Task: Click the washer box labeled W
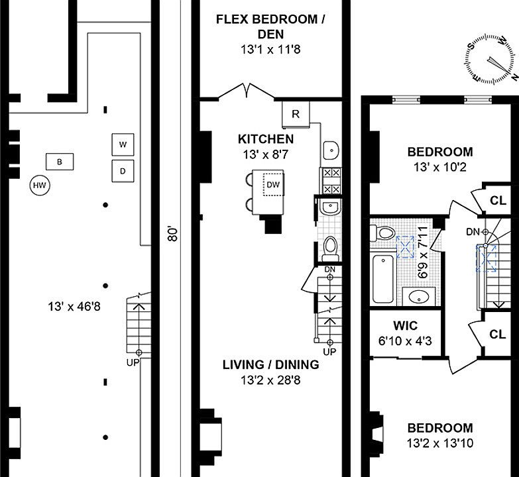[x=123, y=144]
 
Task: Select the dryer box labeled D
[x=123, y=171]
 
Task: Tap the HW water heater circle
[x=40, y=185]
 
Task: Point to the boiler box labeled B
[x=60, y=162]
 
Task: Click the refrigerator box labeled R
[x=296, y=115]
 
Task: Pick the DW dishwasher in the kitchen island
[x=273, y=185]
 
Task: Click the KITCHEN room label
[x=266, y=139]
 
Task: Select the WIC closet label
[x=406, y=325]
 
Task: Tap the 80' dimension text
[x=173, y=234]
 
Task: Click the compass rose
[x=491, y=60]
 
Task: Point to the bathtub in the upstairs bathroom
[x=383, y=278]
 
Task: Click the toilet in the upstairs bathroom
[x=382, y=233]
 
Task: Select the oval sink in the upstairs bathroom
[x=419, y=297]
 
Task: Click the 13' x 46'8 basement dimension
[x=74, y=307]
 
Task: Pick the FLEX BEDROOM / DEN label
[x=270, y=26]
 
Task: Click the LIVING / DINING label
[x=270, y=364]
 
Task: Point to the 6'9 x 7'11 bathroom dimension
[x=424, y=252]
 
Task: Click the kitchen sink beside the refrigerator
[x=330, y=150]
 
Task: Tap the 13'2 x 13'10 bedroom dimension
[x=440, y=443]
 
